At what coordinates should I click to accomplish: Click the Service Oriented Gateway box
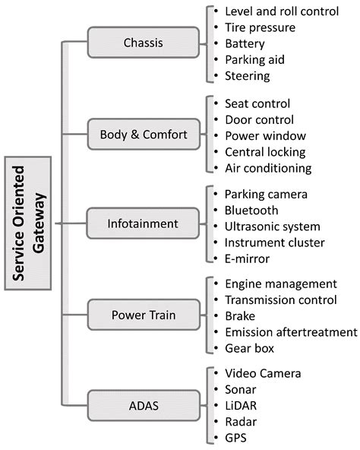click(x=28, y=223)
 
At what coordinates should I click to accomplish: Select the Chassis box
click(x=143, y=43)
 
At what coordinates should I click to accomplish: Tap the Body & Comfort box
click(x=143, y=135)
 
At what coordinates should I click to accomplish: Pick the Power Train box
click(x=143, y=315)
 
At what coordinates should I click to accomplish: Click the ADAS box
click(x=143, y=406)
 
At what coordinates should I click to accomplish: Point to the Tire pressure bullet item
click(x=260, y=27)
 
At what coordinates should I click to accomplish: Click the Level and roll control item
click(x=281, y=11)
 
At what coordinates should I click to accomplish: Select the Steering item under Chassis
click(x=248, y=75)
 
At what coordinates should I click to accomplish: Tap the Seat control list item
click(x=257, y=103)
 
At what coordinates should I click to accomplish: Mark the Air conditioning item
click(x=268, y=168)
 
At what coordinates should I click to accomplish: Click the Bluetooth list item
click(x=251, y=210)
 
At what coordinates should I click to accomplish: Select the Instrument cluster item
click(x=274, y=242)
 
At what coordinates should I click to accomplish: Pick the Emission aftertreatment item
click(x=290, y=332)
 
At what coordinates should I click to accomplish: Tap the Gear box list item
click(x=249, y=348)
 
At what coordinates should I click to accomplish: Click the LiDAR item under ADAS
click(x=245, y=406)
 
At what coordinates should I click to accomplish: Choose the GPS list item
click(x=236, y=439)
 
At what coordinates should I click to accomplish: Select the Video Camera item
click(x=263, y=373)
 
